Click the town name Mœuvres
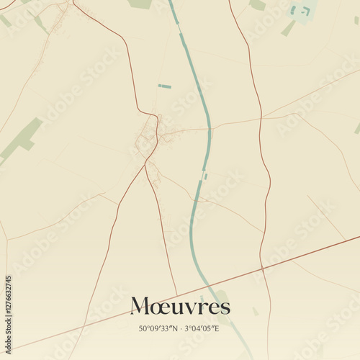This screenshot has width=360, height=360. (x=180, y=307)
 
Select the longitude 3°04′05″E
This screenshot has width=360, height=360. (x=203, y=328)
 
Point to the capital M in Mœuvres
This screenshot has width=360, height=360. (x=142, y=307)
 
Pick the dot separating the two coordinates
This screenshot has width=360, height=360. (x=180, y=328)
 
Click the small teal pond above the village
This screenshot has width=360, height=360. (x=165, y=86)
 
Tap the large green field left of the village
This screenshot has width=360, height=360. (x=22, y=137)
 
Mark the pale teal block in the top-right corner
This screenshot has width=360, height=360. (x=302, y=11)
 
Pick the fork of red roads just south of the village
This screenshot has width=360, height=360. (x=145, y=165)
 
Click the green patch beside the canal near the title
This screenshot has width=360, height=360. (x=221, y=297)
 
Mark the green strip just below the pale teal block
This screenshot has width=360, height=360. (x=288, y=28)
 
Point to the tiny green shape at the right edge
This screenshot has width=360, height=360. (x=357, y=128)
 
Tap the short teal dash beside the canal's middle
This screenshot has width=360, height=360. (x=205, y=176)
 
